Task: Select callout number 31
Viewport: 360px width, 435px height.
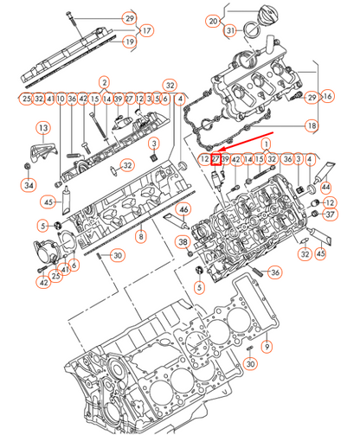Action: coord(229,31)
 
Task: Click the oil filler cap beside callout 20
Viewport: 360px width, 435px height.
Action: coord(252,20)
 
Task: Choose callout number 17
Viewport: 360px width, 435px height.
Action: coord(147,29)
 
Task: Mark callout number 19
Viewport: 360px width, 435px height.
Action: coord(129,42)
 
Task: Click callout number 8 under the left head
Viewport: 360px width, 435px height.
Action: coord(141,234)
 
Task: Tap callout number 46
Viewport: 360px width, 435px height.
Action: coord(183,209)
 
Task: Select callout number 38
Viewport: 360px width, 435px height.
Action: coord(183,242)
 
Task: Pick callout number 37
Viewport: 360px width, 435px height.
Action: coord(329,214)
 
